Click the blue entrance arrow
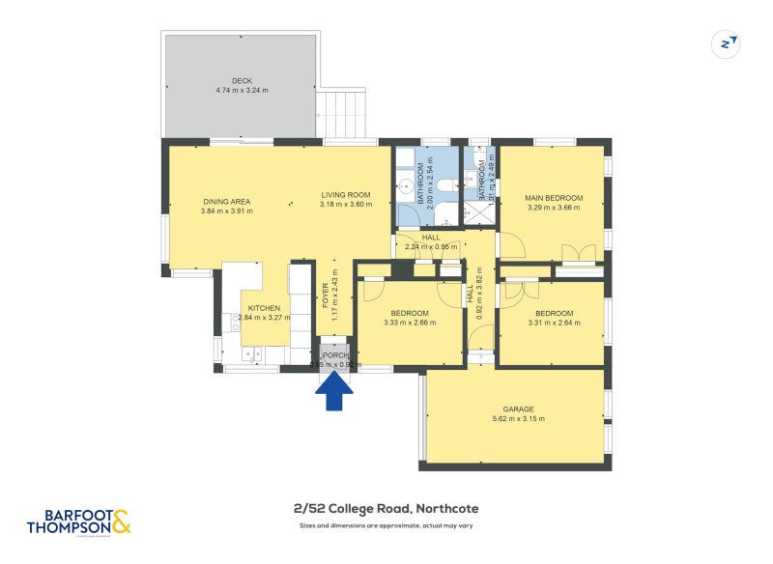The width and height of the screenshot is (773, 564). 334,391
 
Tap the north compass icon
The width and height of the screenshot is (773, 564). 725,43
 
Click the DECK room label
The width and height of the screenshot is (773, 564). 241,80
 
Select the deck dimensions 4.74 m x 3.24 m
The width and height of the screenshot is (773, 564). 241,91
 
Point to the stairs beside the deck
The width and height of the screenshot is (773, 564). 344,113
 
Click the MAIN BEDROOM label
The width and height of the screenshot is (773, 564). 552,195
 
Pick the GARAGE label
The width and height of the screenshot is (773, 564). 518,409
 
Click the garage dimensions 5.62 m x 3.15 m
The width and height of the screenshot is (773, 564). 518,419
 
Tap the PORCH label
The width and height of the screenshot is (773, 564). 334,355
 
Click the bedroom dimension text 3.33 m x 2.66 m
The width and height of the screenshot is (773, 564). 410,323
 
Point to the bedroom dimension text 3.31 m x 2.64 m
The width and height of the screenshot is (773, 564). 554,323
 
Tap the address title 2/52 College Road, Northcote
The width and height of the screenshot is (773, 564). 386,509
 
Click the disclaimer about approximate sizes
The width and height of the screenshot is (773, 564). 386,526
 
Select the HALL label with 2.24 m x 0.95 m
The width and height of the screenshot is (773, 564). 431,237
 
